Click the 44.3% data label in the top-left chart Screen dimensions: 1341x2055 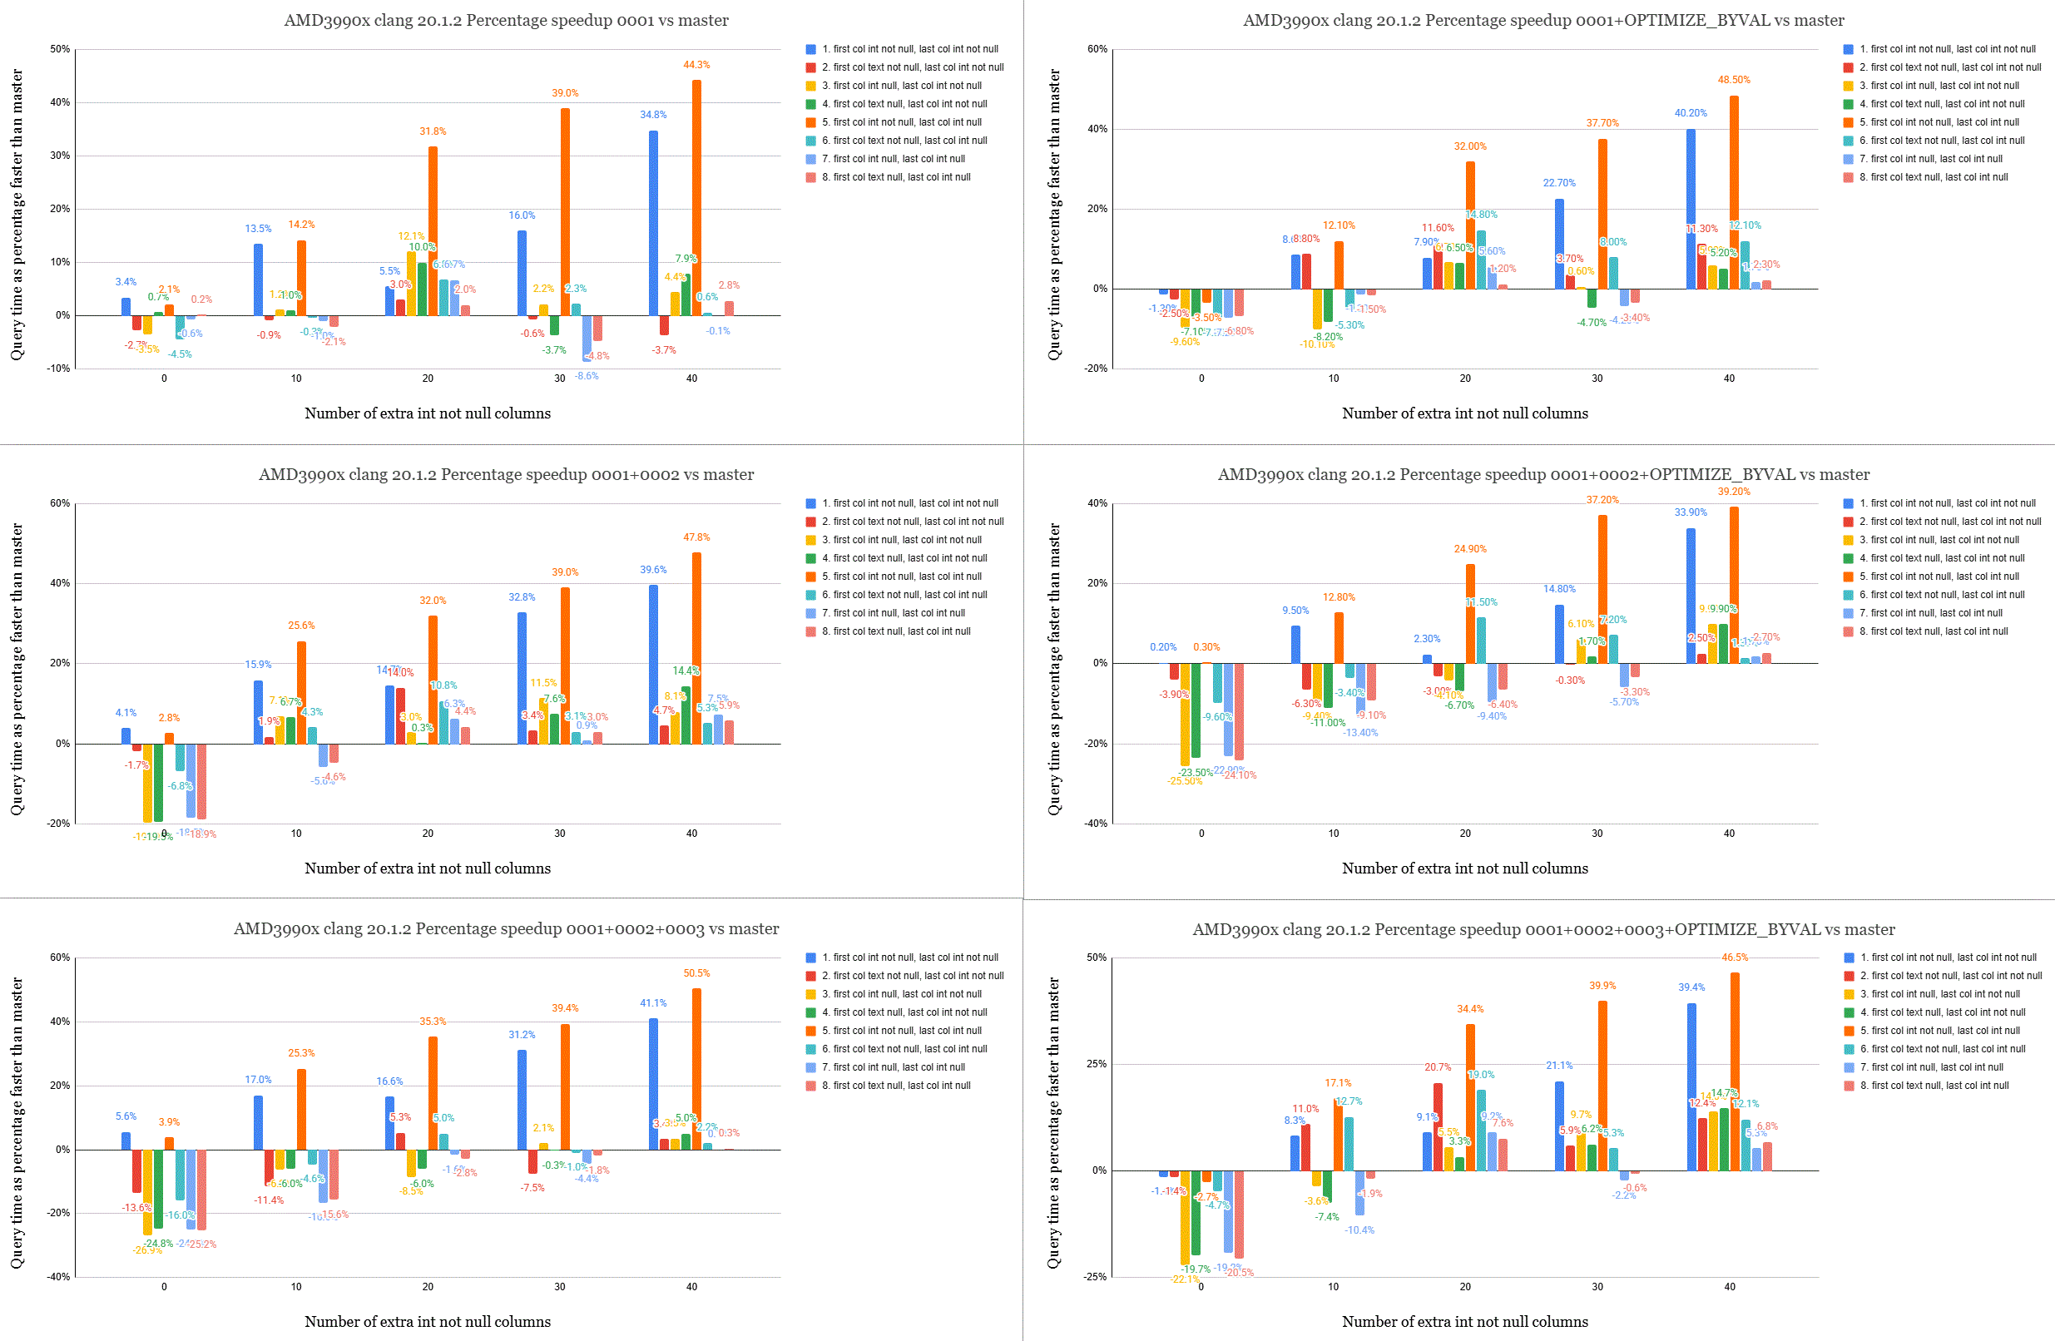tap(696, 65)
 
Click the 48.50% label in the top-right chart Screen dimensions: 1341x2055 tap(1734, 79)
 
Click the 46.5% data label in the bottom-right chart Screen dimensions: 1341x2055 tap(1735, 958)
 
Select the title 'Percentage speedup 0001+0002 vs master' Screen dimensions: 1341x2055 tap(506, 474)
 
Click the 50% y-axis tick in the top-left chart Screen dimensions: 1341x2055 tap(60, 49)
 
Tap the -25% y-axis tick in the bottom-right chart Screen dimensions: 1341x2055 tap(1096, 1276)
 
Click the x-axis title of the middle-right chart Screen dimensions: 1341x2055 tap(1464, 868)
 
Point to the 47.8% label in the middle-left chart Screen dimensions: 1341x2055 tap(696, 537)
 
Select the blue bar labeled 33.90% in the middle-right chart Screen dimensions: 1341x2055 tap(1691, 596)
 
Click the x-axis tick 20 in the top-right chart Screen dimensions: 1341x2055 tap(1465, 379)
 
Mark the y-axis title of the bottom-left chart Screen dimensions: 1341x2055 tap(17, 1122)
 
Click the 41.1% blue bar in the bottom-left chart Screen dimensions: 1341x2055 tap(654, 1084)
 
